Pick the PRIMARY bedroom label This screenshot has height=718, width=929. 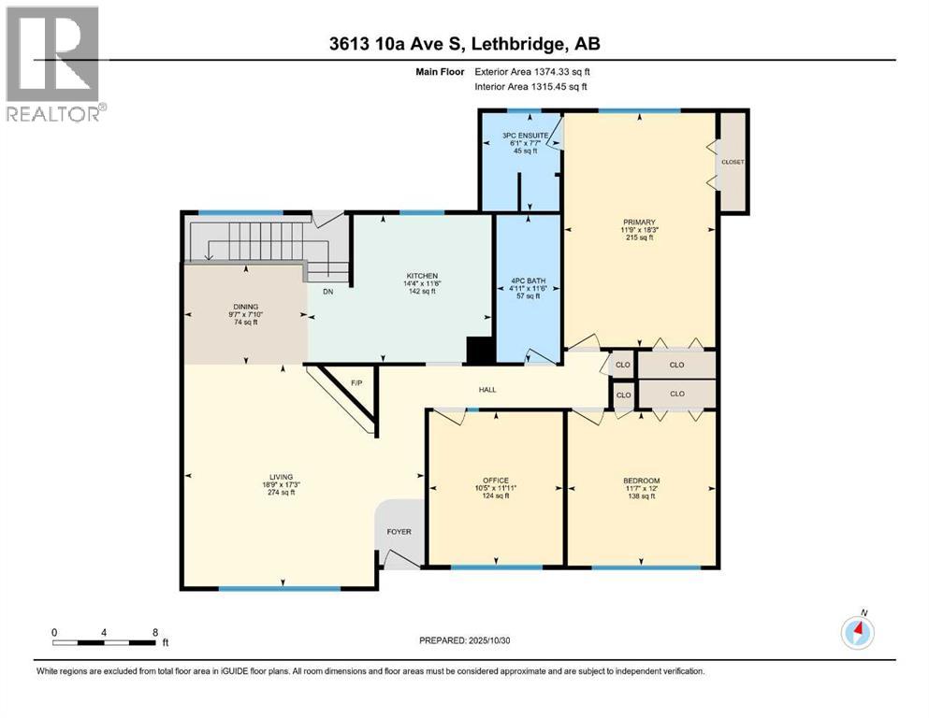pos(640,223)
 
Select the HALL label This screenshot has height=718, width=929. pos(487,390)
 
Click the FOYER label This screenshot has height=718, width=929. pos(399,532)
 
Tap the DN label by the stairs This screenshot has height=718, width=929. pos(327,291)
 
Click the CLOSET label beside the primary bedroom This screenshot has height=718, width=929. pos(733,162)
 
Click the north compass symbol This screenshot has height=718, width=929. pos(857,632)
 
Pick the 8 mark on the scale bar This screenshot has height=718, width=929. pos(154,632)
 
